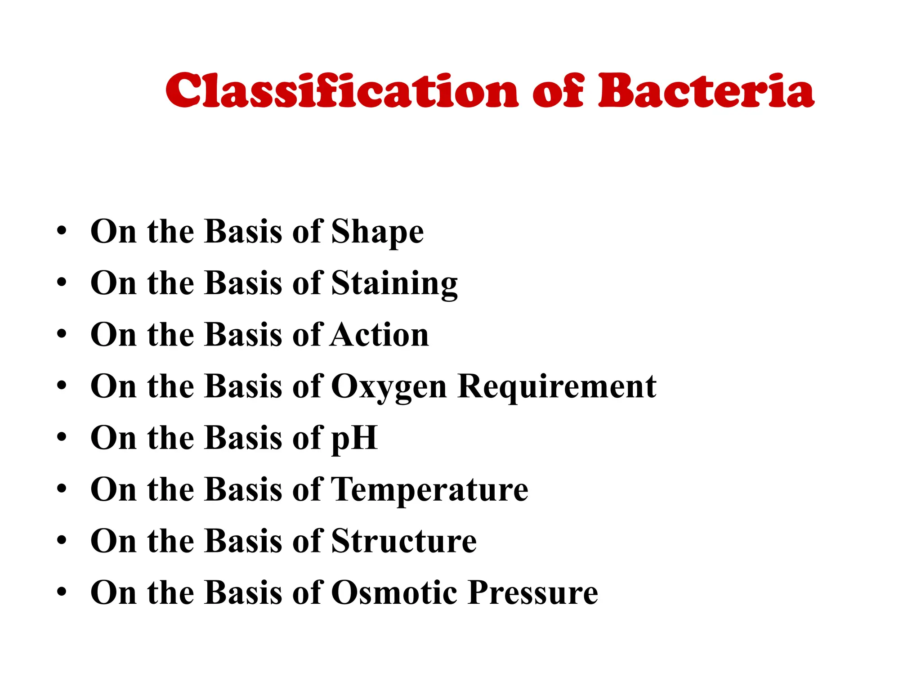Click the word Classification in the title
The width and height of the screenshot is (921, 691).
click(x=342, y=91)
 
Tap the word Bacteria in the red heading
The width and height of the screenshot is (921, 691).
click(x=706, y=91)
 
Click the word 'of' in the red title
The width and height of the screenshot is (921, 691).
click(x=558, y=91)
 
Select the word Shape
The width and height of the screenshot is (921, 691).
click(x=377, y=233)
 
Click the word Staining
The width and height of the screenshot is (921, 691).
click(x=394, y=284)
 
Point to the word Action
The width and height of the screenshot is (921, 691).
click(x=380, y=335)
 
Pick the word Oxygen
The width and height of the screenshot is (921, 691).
click(x=389, y=387)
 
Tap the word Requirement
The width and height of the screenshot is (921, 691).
click(x=557, y=387)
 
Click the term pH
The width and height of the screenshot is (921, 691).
click(x=354, y=438)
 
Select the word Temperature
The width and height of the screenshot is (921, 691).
click(x=429, y=489)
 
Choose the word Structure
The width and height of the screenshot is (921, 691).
click(x=404, y=541)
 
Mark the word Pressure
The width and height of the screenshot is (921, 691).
click(x=533, y=592)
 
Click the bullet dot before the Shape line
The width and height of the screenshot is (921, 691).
click(x=62, y=233)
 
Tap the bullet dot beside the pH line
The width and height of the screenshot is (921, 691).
click(x=62, y=438)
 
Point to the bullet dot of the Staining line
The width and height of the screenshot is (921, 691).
click(x=62, y=283)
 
